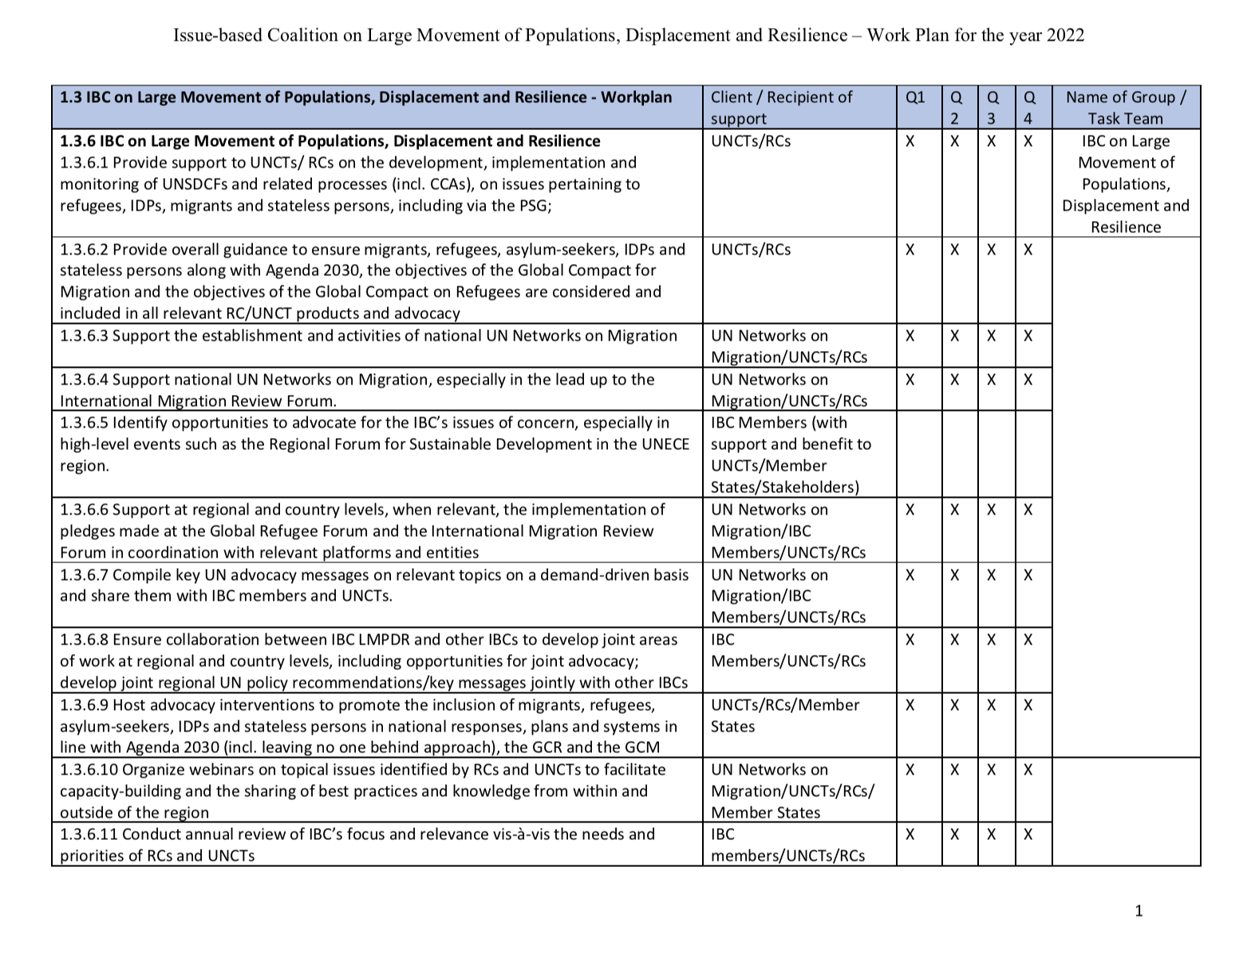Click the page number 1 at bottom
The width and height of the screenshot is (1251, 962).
coord(1139,911)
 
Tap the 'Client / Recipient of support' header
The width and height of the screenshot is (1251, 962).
coord(781,108)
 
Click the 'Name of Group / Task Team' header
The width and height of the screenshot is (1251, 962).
coord(1125,108)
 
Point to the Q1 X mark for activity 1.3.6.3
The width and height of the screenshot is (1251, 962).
coord(910,336)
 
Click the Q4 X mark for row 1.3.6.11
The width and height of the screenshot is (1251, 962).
coord(1028,834)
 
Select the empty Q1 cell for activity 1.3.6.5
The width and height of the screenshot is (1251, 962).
coord(918,454)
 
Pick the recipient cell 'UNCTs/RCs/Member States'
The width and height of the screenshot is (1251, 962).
coord(784,716)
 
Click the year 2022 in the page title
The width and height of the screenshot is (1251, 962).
coord(1064,35)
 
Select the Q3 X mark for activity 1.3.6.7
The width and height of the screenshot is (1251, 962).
coord(991,575)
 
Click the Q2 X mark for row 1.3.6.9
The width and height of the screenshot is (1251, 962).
coord(954,705)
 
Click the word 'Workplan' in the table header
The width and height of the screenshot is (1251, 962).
coord(636,97)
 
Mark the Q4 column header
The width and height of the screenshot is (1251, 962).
coord(1029,108)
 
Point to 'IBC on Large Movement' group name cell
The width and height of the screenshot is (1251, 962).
coord(1125,184)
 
